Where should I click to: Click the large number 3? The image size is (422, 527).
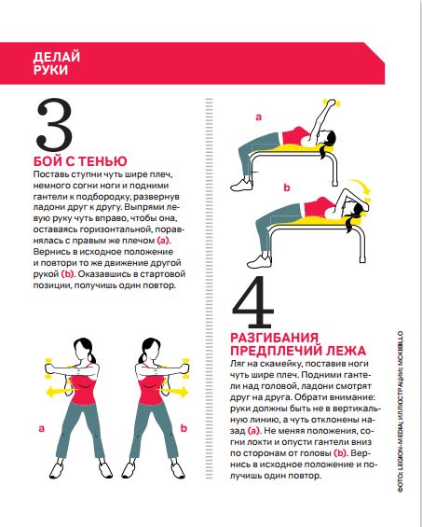pos(54,125)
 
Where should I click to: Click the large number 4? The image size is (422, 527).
pos(252,302)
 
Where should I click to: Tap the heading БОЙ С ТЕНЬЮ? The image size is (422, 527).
pos(80,161)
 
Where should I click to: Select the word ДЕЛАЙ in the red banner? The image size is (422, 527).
pos(57,57)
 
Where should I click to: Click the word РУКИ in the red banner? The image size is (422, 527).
pos(50,70)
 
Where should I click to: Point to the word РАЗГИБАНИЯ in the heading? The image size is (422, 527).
pos(274,337)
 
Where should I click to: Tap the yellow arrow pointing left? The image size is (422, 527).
pos(61,392)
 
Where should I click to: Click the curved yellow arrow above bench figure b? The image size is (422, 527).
pos(361,186)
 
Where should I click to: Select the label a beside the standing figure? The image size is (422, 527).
pos(41,428)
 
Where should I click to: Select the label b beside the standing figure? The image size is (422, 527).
pos(184,428)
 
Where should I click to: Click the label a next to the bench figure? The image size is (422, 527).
pos(258,117)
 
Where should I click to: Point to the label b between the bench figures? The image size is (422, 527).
pos(286,187)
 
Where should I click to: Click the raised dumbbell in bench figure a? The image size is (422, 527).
pos(331,103)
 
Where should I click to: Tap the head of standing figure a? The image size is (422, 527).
pos(82,350)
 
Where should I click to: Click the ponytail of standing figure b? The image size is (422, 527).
pos(145,357)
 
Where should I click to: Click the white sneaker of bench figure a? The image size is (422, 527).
pos(241,186)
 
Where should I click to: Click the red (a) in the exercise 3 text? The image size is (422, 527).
pos(164,241)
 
